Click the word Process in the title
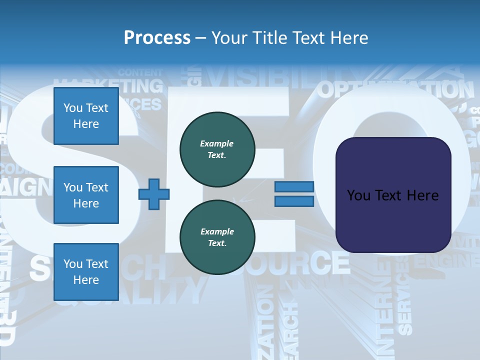point(157,37)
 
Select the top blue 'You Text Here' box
point(86,116)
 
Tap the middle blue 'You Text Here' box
point(86,195)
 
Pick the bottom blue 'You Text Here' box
point(86,271)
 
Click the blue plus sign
point(153,194)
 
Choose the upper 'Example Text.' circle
point(217,149)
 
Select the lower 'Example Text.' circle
point(217,237)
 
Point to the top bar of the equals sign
point(294,186)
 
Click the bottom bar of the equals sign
point(294,201)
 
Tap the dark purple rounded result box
point(393,195)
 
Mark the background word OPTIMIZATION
point(395,90)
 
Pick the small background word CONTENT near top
point(140,72)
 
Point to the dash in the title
point(201,38)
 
